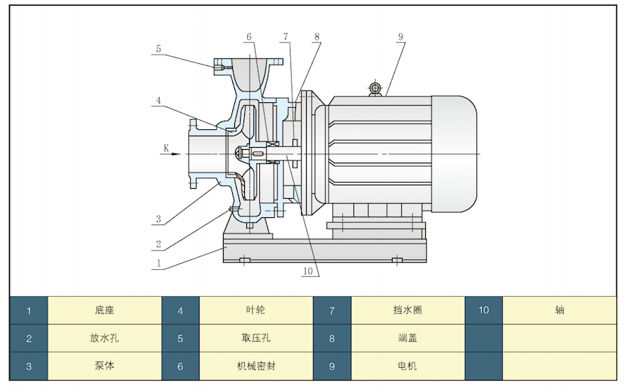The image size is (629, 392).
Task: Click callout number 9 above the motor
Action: [400, 36]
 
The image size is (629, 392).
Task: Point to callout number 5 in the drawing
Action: [159, 49]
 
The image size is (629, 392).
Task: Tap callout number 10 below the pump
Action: [307, 271]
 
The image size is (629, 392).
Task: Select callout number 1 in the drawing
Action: [159, 262]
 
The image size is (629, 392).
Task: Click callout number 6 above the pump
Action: [249, 36]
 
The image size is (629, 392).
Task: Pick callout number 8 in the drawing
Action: [317, 36]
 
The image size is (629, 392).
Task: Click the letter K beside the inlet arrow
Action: [166, 148]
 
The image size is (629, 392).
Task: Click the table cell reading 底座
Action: [104, 310]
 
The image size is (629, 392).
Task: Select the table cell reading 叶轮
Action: [256, 310]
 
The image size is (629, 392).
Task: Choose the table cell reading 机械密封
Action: [256, 366]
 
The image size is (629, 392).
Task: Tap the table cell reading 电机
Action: [408, 366]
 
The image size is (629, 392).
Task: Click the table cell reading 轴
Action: [559, 310]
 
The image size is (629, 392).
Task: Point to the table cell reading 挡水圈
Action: [408, 310]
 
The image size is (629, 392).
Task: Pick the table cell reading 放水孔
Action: [104, 338]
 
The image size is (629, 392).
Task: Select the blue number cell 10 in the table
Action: [483, 310]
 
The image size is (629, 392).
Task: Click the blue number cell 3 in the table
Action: [28, 366]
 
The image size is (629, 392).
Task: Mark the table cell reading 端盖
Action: [408, 338]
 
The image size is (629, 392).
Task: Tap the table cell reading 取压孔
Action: [256, 338]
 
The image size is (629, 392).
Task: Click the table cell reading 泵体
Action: [104, 366]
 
